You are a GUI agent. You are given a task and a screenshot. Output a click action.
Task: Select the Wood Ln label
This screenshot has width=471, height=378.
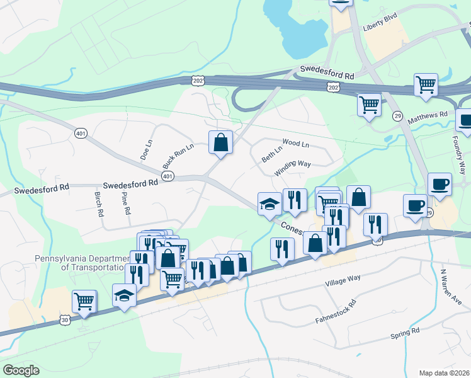pyautogui.click(x=296, y=144)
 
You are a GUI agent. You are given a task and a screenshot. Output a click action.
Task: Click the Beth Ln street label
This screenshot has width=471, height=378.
pyautogui.click(x=271, y=154)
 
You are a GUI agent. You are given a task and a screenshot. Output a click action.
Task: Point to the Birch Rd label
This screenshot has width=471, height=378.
pyautogui.click(x=99, y=204)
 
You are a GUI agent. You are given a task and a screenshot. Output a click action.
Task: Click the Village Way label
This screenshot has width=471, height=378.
pyautogui.click(x=343, y=281)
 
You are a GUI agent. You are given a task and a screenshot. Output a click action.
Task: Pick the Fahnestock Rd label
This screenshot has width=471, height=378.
pyautogui.click(x=336, y=312)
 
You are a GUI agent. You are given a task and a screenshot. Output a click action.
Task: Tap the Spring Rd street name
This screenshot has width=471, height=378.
pyautogui.click(x=405, y=332)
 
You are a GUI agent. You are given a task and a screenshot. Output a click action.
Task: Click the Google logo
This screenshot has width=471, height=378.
pyautogui.click(x=21, y=370)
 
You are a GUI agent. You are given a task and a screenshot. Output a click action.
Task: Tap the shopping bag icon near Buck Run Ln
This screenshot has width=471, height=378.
pyautogui.click(x=220, y=143)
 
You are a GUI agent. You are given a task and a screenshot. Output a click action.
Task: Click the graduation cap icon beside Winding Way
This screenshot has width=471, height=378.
pyautogui.click(x=270, y=204)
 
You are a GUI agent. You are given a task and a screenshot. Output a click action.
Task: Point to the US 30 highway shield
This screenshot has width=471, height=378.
pyautogui.click(x=65, y=320)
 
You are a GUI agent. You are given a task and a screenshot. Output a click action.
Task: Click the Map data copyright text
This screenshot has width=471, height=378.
pyautogui.click(x=444, y=373)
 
